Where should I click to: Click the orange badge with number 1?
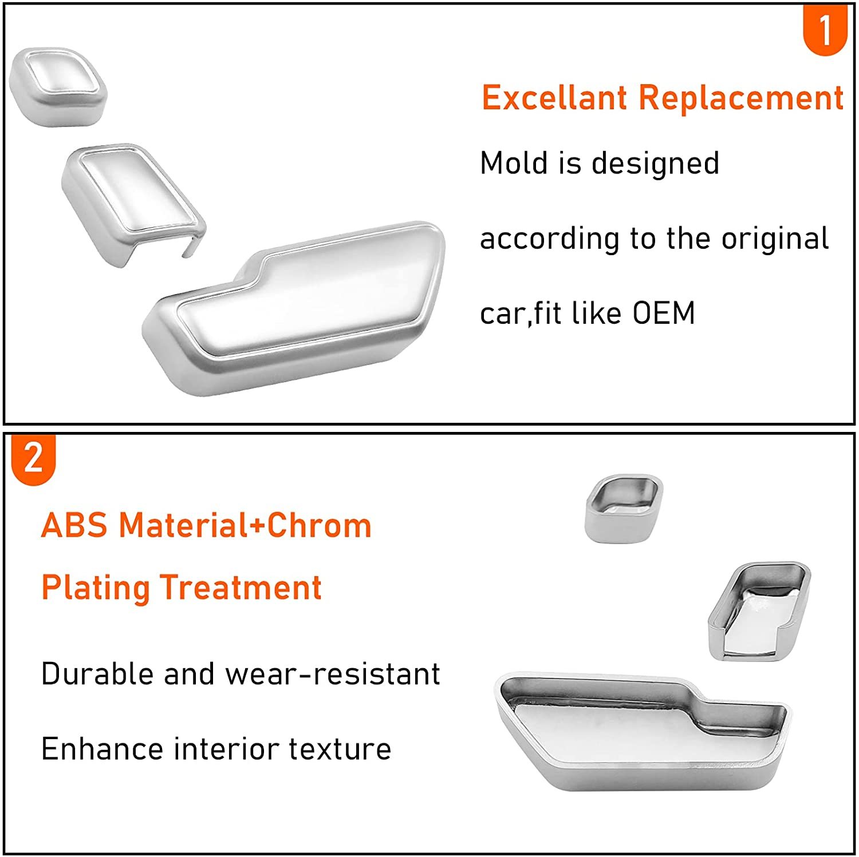tap(825, 30)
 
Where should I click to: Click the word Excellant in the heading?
tap(554, 98)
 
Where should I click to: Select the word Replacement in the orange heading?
tap(740, 98)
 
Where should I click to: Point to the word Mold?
tap(514, 163)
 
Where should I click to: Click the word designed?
tap(655, 164)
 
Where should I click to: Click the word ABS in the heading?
tap(74, 525)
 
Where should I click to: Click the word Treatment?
tap(241, 588)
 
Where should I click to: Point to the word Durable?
tap(97, 674)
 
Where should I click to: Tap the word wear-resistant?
tap(333, 674)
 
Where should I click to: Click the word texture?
tap(340, 749)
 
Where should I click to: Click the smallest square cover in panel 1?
tap(58, 86)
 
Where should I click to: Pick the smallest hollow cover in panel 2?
tap(624, 507)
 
